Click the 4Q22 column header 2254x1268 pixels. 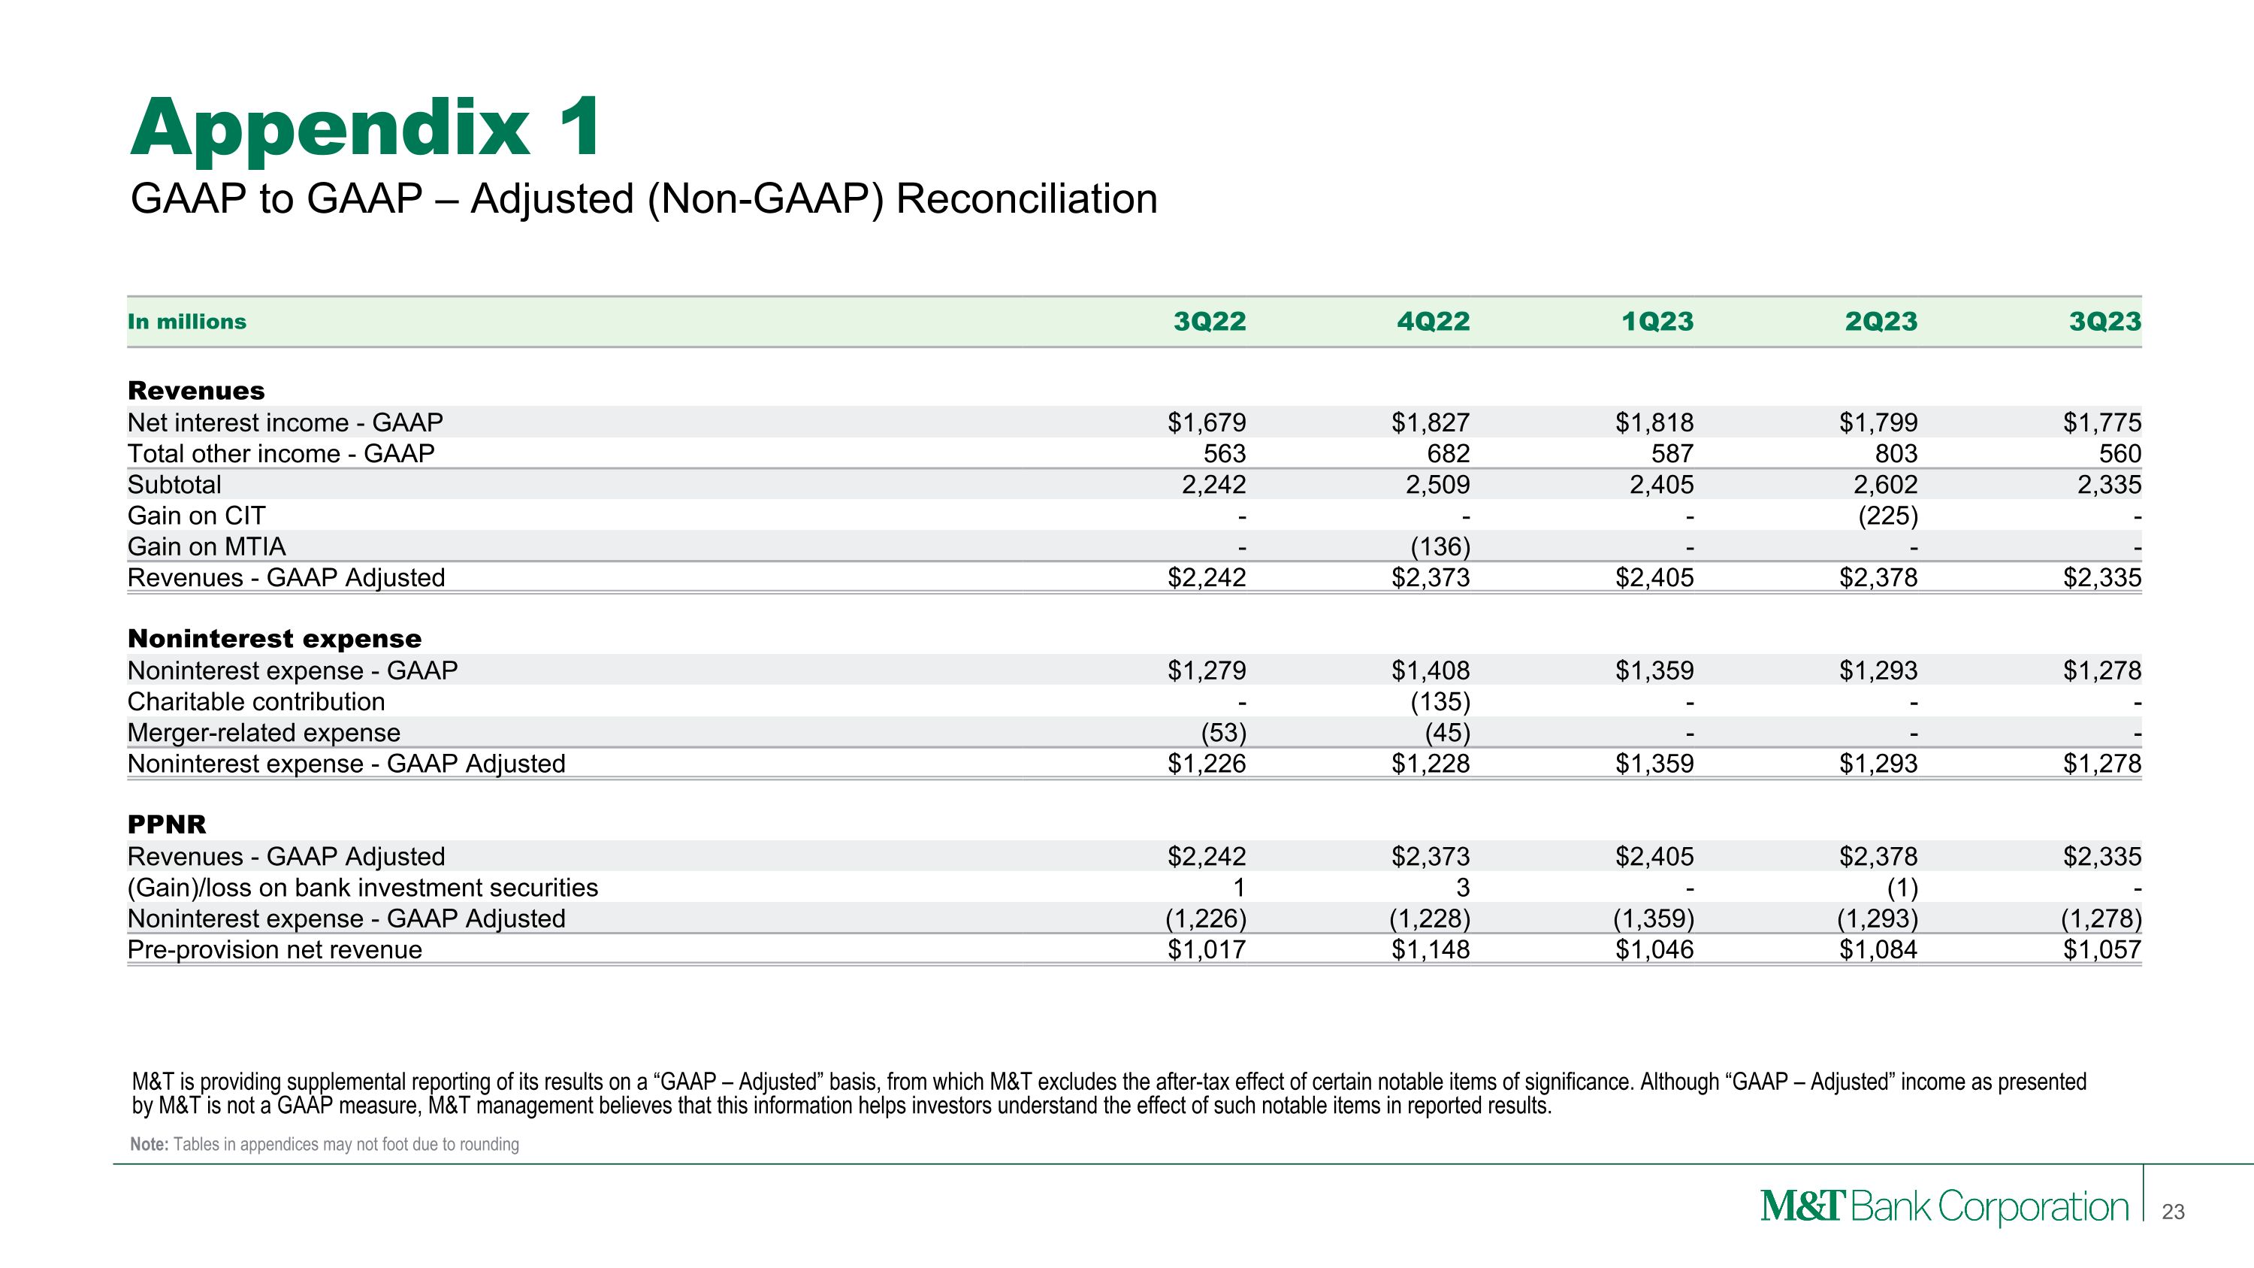pyautogui.click(x=1434, y=322)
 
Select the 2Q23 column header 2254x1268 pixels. pyautogui.click(x=1881, y=322)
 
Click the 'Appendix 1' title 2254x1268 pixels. pyautogui.click(x=366, y=128)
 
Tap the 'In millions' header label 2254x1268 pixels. pyautogui.click(x=187, y=322)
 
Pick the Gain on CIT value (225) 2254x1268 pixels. pyautogui.click(x=1887, y=516)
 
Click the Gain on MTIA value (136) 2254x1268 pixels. pyautogui.click(x=1440, y=547)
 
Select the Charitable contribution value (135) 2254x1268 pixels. pyautogui.click(x=1440, y=702)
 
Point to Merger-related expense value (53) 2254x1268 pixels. pyautogui.click(x=1222, y=732)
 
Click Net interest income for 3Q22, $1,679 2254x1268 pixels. pyautogui.click(x=1207, y=422)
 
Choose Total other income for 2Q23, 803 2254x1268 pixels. pyautogui.click(x=1896, y=454)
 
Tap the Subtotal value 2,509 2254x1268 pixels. pyautogui.click(x=1437, y=485)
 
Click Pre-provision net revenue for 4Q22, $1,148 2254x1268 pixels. pyautogui.click(x=1431, y=949)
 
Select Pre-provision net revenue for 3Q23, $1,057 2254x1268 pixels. pyautogui.click(x=2101, y=949)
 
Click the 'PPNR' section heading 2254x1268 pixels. pyautogui.click(x=167, y=825)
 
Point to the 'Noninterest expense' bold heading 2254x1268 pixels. pyautogui.click(x=275, y=639)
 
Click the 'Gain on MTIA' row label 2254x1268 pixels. pyautogui.click(x=207, y=547)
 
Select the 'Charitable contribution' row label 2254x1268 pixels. pyautogui.click(x=256, y=702)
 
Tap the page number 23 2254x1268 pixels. pyautogui.click(x=2173, y=1212)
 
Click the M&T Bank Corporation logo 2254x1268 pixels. pyautogui.click(x=1944, y=1208)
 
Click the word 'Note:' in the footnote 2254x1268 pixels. pyautogui.click(x=149, y=1145)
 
